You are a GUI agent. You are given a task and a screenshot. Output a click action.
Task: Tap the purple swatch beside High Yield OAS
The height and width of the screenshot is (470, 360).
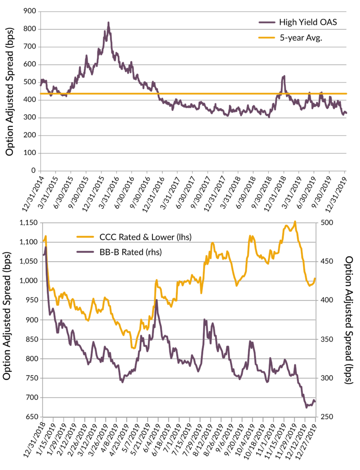266,22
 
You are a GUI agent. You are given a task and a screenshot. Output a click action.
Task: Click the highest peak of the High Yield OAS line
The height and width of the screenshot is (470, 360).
108,22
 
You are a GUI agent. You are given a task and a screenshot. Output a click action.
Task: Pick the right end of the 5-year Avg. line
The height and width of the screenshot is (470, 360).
347,94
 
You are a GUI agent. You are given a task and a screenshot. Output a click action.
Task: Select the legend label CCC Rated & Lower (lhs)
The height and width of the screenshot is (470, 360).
145,237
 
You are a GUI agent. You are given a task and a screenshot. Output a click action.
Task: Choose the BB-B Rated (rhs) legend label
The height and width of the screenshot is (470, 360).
131,252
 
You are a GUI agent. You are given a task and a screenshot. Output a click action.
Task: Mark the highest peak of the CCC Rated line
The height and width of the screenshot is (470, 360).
295,221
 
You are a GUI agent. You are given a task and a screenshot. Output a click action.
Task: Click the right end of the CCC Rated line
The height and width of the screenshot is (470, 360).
315,278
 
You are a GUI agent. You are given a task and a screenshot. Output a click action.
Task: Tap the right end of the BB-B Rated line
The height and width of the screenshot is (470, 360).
315,402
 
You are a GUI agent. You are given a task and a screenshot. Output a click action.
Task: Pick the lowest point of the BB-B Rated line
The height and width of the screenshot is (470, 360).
306,407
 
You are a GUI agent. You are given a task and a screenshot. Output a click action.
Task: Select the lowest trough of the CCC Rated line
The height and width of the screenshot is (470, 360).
133,348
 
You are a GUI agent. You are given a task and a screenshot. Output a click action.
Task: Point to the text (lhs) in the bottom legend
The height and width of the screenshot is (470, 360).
183,237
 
